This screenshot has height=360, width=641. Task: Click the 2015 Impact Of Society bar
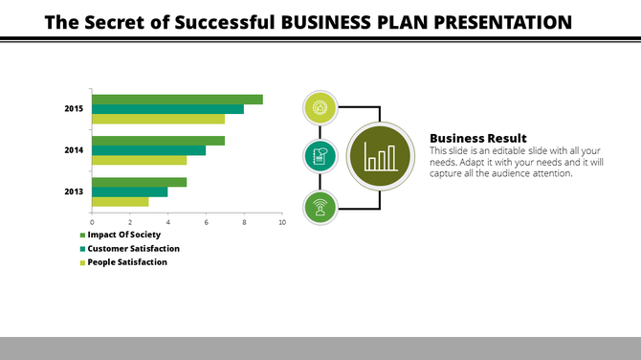(x=177, y=100)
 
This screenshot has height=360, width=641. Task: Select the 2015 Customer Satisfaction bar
(x=167, y=109)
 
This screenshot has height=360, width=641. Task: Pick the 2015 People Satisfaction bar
(x=158, y=119)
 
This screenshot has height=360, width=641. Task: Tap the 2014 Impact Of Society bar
(x=158, y=141)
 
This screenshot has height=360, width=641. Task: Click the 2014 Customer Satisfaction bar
(x=148, y=150)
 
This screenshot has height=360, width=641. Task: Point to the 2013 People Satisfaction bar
(x=120, y=201)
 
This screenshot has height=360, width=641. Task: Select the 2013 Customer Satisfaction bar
(x=129, y=191)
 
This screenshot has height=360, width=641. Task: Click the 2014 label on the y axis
(x=74, y=150)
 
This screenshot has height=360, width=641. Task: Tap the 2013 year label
(x=74, y=191)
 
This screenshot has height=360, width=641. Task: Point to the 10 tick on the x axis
(x=281, y=222)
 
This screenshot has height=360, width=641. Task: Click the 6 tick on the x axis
(x=206, y=222)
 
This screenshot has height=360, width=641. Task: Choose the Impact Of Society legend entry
(x=123, y=235)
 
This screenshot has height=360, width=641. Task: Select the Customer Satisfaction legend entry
(x=133, y=248)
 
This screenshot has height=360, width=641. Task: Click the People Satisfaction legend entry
(x=127, y=261)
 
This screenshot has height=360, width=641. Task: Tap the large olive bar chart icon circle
(x=381, y=157)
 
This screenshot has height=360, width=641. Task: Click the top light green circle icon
(x=319, y=107)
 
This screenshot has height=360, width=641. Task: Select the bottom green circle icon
(x=319, y=207)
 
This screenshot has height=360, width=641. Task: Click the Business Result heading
(x=477, y=138)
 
